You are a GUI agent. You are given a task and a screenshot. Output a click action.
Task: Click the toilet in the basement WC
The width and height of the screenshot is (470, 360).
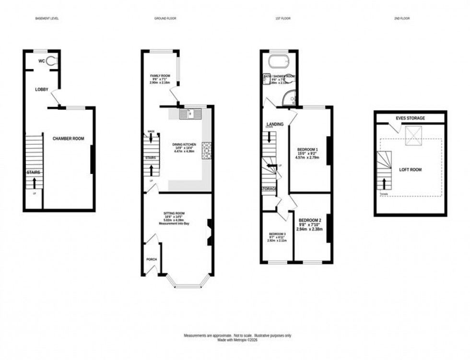click(x=51, y=61)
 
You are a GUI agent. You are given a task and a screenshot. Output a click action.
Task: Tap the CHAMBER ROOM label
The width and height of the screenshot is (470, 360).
click(x=68, y=139)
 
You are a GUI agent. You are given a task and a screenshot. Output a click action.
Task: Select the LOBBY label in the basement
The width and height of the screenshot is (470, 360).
click(x=41, y=90)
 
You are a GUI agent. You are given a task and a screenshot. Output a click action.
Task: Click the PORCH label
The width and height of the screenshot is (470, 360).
click(x=152, y=259)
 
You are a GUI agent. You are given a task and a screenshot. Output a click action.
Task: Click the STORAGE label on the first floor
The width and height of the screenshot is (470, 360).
click(x=269, y=189)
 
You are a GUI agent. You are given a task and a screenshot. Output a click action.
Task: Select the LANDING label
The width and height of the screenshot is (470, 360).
click(x=275, y=124)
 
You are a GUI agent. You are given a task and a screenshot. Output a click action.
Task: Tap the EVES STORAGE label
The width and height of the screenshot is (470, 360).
click(x=410, y=118)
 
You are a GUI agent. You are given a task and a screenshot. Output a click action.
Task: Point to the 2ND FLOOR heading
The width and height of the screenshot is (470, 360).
click(x=402, y=18)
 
